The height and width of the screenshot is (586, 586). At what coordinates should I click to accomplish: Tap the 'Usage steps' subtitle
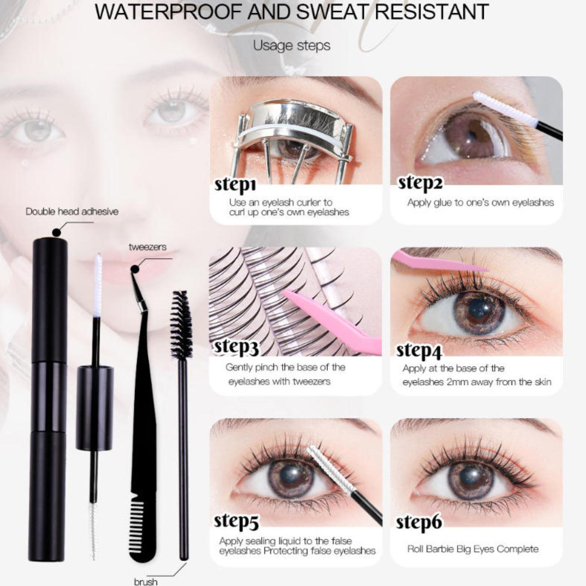tap(292, 46)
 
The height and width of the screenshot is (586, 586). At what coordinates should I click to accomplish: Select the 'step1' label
tap(235, 185)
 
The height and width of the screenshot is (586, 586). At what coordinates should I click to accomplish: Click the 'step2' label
tap(420, 183)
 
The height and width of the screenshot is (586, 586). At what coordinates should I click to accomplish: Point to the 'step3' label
tap(236, 347)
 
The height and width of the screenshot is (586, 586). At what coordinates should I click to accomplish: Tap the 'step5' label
tap(236, 522)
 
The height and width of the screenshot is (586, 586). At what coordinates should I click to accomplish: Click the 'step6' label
tap(419, 523)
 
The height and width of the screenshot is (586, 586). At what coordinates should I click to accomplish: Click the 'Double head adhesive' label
tap(72, 211)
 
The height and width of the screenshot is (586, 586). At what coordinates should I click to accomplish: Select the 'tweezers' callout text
tap(147, 247)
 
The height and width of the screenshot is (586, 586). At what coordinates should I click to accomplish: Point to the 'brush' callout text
tap(146, 582)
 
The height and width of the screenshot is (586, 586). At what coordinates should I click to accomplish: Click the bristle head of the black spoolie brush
tap(181, 324)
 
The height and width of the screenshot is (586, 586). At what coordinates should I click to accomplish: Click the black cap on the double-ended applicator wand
tap(94, 407)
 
